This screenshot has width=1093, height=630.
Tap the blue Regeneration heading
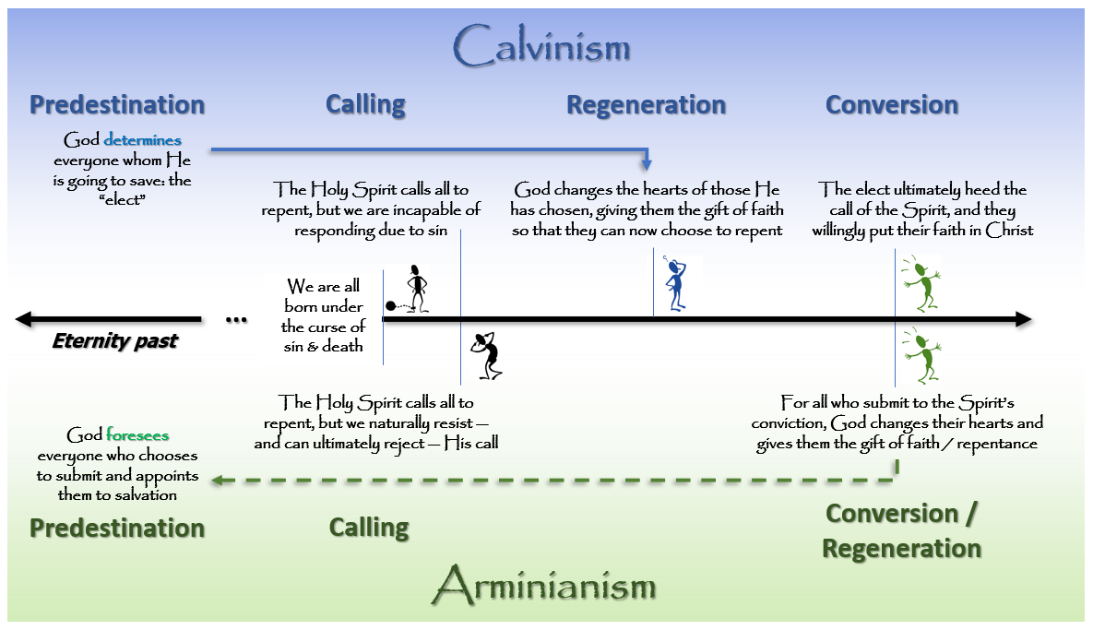646,105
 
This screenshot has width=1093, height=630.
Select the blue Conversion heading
891,105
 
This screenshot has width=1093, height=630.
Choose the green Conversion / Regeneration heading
901,530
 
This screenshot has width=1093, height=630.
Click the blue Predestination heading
116,104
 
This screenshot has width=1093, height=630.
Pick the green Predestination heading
116,528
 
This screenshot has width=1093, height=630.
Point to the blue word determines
143,141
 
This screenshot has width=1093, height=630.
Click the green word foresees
137,435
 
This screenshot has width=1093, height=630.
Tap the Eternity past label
114,341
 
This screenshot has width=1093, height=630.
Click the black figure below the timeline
487,356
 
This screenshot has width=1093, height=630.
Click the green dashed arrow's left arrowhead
215,480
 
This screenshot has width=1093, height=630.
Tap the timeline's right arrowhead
1023,319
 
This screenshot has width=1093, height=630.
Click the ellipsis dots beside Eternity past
236,321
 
